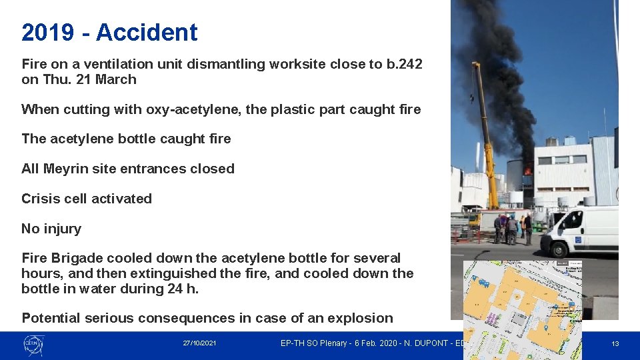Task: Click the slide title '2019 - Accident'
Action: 109,32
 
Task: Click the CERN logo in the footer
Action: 33,344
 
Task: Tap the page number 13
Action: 615,344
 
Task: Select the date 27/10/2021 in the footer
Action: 200,343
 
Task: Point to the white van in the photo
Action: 579,230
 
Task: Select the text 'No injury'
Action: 51,229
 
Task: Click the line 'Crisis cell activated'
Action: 87,199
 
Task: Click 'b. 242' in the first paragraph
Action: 404,64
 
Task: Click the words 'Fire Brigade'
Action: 62,258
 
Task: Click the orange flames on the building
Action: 529,171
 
